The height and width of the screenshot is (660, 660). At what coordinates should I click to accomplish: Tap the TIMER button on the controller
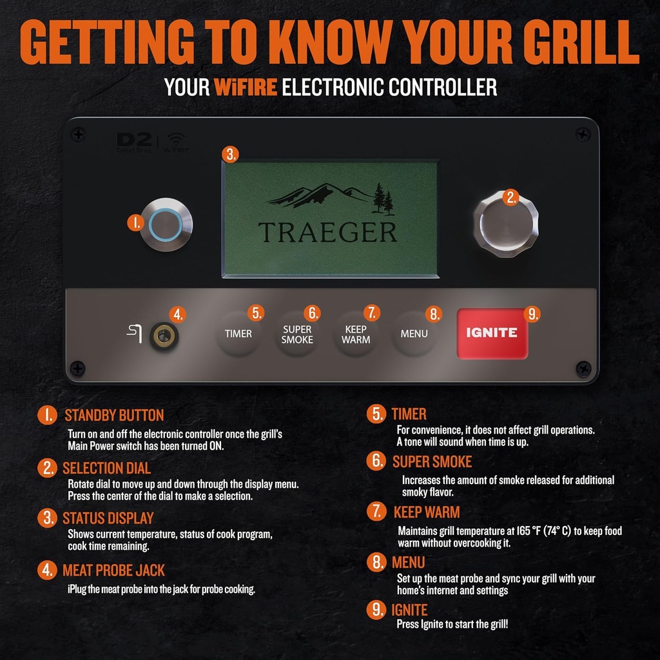coord(238,334)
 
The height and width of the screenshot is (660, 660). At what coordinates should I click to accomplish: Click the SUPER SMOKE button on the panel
coord(297,334)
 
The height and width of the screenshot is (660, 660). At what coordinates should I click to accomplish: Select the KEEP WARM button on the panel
coord(356,334)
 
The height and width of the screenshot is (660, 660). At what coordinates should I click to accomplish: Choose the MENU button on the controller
coord(414,334)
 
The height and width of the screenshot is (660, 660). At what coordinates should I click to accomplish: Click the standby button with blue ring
coord(167,225)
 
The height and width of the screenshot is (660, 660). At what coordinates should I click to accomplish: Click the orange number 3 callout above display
coord(229,155)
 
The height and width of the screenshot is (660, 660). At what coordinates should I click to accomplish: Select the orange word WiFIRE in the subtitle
coord(237,86)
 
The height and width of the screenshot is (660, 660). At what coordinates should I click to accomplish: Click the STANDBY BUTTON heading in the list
coord(114,415)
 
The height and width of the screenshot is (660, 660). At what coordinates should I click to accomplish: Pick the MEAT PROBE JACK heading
coord(113,570)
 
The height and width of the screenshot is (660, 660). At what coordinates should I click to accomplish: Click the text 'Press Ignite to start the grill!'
coord(452,625)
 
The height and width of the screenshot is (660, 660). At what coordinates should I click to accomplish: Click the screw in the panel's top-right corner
coord(583,134)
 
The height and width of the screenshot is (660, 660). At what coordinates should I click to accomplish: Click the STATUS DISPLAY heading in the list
coord(108,518)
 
